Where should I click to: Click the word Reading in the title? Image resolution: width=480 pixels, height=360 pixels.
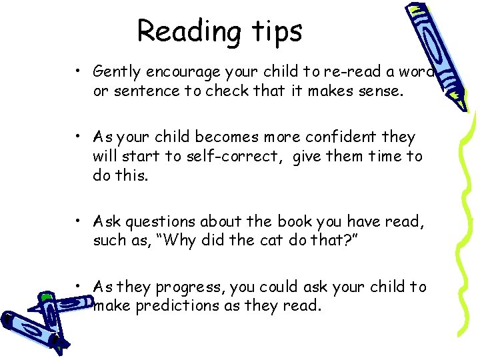(179, 31)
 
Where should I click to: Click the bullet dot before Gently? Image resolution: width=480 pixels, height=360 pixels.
(79, 71)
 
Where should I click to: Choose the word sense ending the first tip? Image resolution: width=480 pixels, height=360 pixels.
(380, 90)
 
